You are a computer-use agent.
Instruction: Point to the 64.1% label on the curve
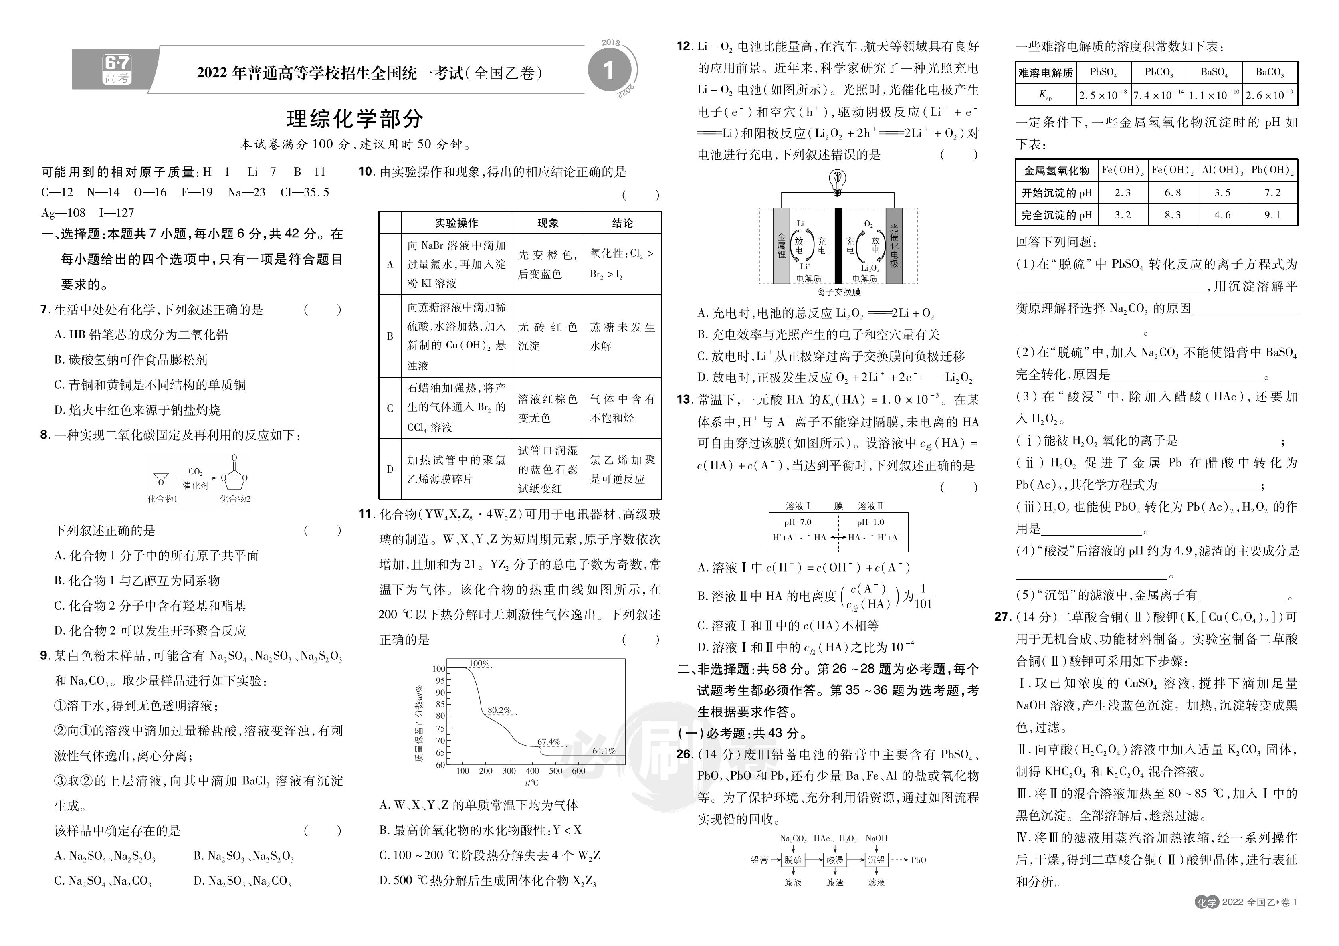pos(604,751)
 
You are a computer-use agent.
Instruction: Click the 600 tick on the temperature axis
pos(578,771)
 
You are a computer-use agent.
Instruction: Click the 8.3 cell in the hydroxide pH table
pos(1172,215)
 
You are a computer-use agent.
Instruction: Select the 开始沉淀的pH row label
pos(1056,192)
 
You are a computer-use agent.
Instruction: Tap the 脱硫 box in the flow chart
pos(793,860)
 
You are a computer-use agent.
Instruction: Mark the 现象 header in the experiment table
pos(548,223)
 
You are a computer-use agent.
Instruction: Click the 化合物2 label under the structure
pos(235,499)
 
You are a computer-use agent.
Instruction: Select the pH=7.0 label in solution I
pos(798,522)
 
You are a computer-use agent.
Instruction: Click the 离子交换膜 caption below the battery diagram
pos(839,292)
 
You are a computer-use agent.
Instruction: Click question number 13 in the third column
pos(684,400)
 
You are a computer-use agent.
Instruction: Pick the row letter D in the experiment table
pos(390,469)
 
